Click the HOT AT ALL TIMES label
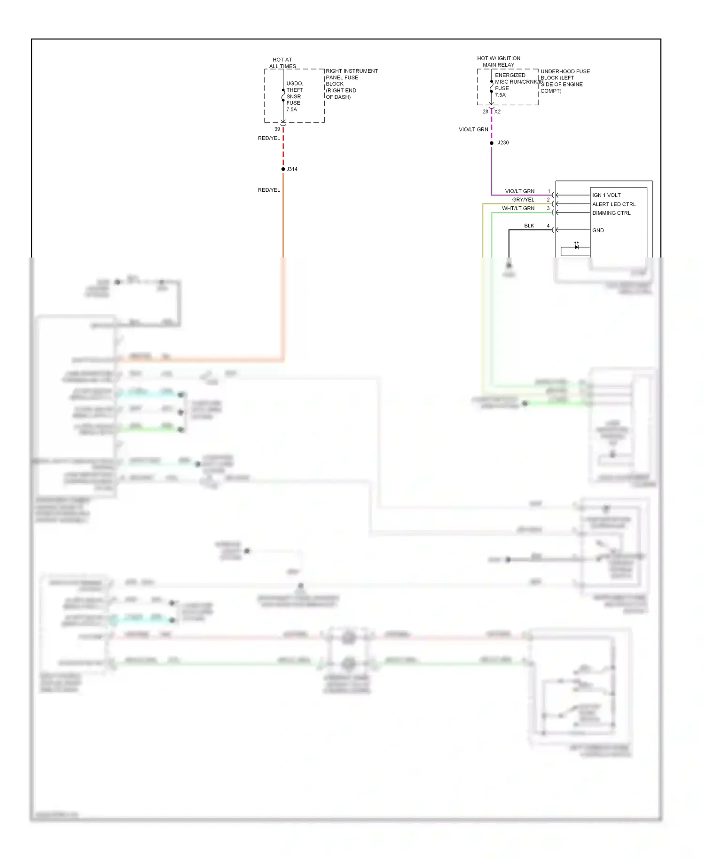point(282,63)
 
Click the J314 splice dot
point(283,169)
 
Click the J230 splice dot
point(492,143)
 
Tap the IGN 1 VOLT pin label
point(606,195)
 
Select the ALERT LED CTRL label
point(614,204)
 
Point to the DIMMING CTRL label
point(611,213)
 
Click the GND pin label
point(598,230)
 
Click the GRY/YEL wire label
point(523,200)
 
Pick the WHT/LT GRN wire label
point(518,208)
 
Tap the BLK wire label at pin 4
point(529,226)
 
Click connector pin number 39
point(277,129)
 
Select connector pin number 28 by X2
point(486,112)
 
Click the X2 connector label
point(497,112)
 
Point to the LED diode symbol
point(576,247)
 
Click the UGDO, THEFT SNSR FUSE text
point(295,96)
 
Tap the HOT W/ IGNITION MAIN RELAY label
point(499,62)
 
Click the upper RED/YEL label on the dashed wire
point(269,138)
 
